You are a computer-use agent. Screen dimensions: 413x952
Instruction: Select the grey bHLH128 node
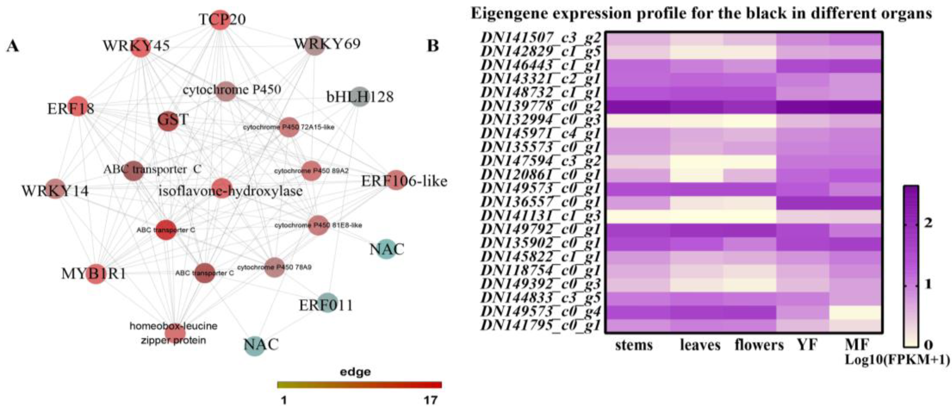(360, 96)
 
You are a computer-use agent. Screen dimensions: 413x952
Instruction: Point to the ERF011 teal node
(327, 303)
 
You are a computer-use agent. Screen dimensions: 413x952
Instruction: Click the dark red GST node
(168, 121)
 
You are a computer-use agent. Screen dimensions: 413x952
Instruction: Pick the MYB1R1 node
(96, 274)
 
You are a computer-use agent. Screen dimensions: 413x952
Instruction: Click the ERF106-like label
(404, 181)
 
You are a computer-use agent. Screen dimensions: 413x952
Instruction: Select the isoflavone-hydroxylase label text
(231, 191)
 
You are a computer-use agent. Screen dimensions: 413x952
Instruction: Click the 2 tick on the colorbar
(928, 223)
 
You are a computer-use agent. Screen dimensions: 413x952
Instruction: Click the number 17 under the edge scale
(430, 400)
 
